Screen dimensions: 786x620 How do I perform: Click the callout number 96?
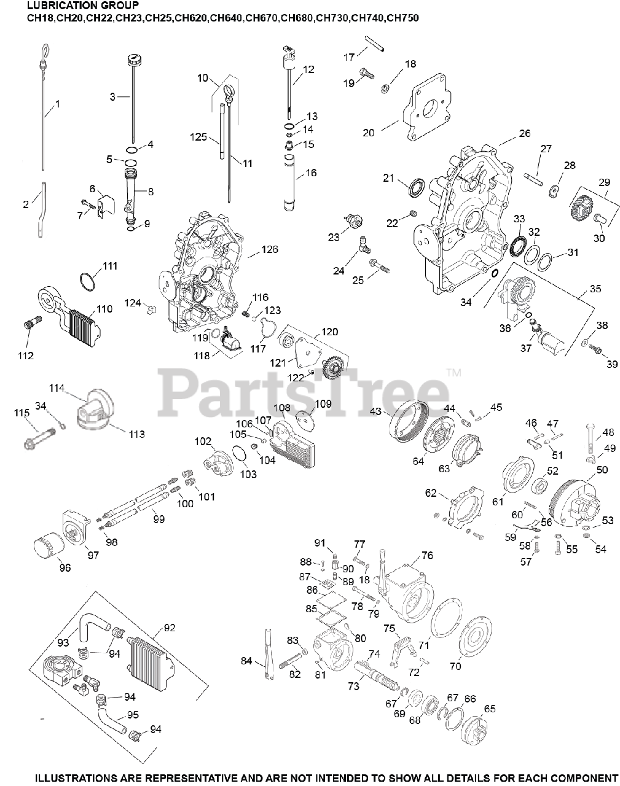click(65, 568)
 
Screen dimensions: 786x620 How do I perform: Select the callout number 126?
click(270, 249)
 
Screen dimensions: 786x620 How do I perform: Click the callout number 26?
click(524, 133)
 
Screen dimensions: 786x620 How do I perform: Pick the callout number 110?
click(104, 309)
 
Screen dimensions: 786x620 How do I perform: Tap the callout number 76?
click(428, 556)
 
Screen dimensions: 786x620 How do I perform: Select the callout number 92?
click(170, 628)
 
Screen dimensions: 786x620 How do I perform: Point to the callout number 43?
click(375, 410)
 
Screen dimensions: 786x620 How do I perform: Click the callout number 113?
click(136, 434)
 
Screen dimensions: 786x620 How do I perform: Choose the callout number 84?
click(246, 661)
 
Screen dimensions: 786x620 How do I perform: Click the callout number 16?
click(311, 173)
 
